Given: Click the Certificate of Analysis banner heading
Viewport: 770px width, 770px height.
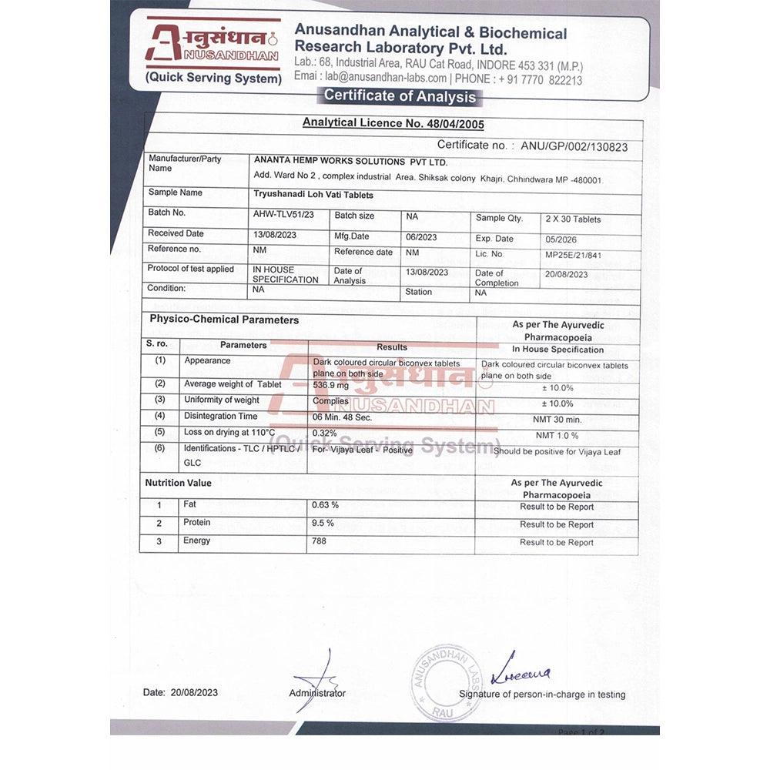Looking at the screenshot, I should click(400, 96).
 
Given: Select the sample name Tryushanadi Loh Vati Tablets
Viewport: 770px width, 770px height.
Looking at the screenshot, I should click(313, 195).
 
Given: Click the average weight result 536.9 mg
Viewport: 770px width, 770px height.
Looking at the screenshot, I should click(331, 385).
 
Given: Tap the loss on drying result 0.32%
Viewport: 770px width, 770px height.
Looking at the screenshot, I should click(326, 433).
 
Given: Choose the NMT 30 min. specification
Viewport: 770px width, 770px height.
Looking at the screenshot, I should click(558, 420).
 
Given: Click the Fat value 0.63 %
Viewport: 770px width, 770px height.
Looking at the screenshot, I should click(325, 505).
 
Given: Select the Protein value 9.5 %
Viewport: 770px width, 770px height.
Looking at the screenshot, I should click(323, 523).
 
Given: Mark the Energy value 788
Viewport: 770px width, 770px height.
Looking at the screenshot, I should click(320, 541).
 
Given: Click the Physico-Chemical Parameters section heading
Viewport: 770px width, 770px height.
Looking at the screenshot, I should click(224, 320).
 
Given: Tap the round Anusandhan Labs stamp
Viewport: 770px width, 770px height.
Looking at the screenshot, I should click(447, 682).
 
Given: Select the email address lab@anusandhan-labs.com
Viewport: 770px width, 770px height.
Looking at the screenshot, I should click(386, 78).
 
